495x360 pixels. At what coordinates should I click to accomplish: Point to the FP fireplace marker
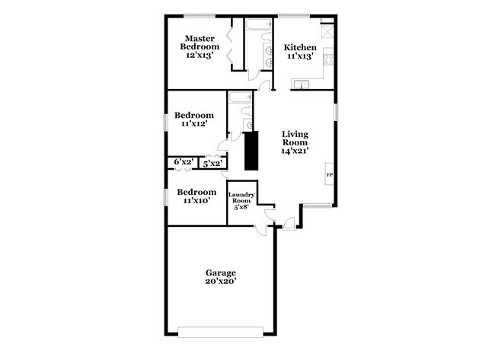(x=330, y=175)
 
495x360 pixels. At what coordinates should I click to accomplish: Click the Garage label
(x=221, y=272)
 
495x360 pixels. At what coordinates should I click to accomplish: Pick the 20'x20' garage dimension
(x=221, y=282)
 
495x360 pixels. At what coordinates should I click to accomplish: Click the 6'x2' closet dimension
(x=183, y=162)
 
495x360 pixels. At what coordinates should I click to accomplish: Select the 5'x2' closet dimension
(x=212, y=163)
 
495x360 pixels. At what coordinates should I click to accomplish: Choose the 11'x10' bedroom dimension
(x=196, y=201)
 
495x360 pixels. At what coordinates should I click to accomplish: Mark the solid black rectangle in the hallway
(x=249, y=151)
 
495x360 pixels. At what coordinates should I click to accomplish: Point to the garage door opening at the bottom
(x=221, y=331)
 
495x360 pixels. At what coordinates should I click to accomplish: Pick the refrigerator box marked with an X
(x=327, y=32)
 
